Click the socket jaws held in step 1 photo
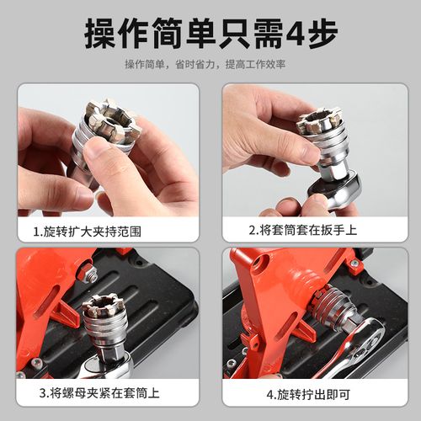(x=109, y=122)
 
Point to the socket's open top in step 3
(x=103, y=305)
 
